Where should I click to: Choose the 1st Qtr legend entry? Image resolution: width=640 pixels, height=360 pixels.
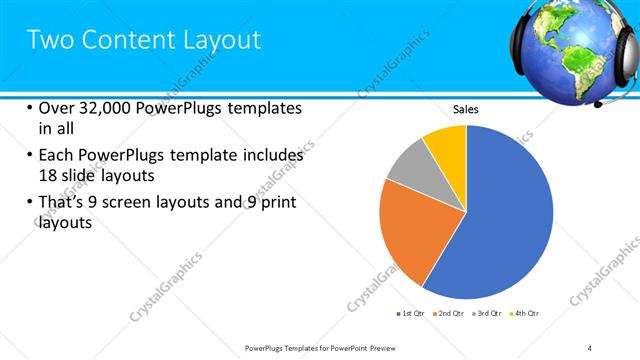[x=411, y=314]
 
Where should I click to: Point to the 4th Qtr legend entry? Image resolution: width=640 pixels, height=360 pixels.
[x=527, y=314]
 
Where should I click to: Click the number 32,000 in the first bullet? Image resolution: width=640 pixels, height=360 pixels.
[x=103, y=108]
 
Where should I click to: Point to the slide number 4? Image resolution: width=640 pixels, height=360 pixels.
[x=590, y=347]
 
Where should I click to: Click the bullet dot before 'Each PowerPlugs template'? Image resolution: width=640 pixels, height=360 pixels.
[x=29, y=156]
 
